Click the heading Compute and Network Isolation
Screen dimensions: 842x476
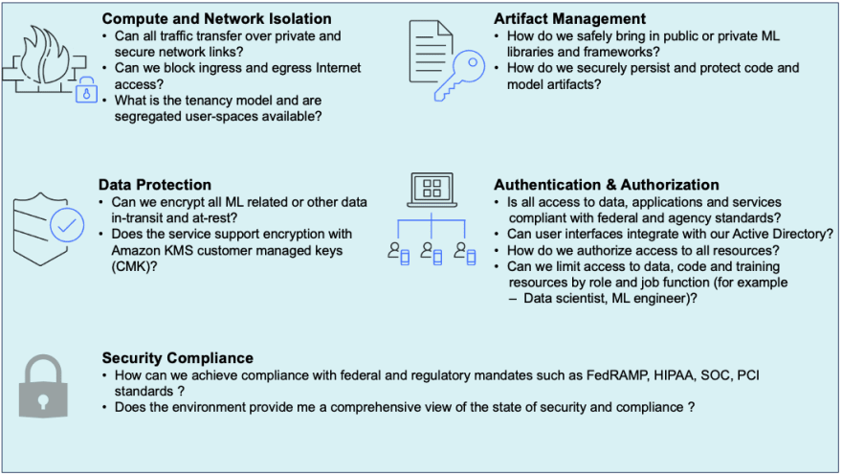pos(216,19)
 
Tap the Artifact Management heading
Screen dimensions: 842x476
pos(569,19)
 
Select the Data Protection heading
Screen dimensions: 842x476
pos(155,185)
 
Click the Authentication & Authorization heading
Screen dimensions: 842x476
pos(607,185)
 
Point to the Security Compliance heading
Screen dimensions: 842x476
pos(178,358)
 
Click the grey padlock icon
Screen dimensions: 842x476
pos(43,386)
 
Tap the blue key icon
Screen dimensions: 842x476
pos(459,76)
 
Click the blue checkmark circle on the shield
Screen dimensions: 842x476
pos(67,225)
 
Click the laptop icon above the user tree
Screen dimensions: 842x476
pos(432,190)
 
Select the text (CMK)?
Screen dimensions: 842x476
pos(134,266)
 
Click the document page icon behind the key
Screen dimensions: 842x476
pos(431,52)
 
